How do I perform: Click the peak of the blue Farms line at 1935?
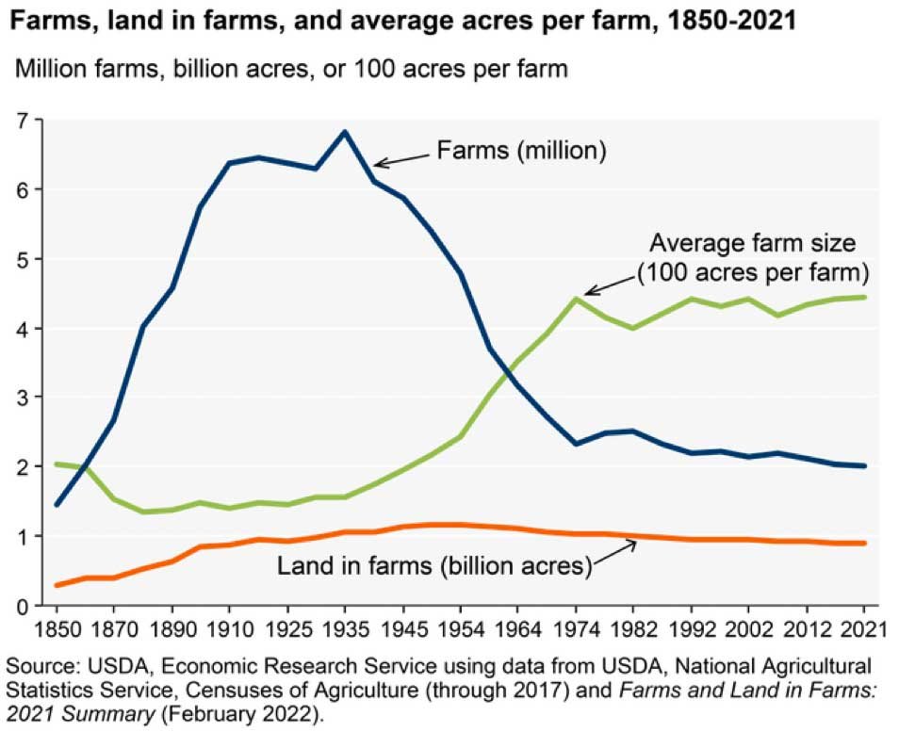tap(345, 132)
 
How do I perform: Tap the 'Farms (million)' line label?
tap(520, 150)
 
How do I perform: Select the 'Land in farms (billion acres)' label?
tap(433, 567)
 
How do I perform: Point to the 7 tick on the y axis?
tap(23, 120)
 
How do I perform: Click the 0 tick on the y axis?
tap(23, 606)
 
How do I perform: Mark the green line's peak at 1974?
tap(577, 299)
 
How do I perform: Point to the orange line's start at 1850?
tap(56, 585)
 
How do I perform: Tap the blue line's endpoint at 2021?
tap(864, 465)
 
